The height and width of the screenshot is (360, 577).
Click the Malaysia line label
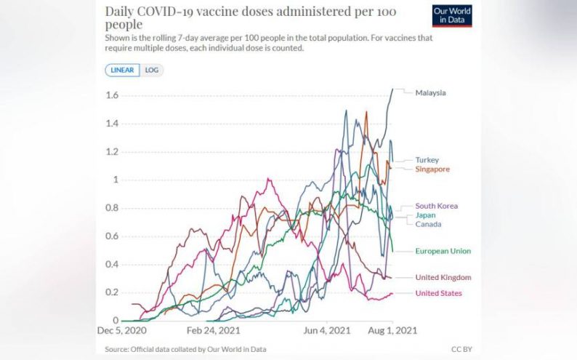[430, 93]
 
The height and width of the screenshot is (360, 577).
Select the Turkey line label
[427, 160]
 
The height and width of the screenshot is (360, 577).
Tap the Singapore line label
[432, 169]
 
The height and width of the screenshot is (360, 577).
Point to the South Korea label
[436, 207]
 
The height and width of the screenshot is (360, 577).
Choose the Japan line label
[425, 216]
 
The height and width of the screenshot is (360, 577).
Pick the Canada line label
[427, 225]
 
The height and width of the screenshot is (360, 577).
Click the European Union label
[442, 251]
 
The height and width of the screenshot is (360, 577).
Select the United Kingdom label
[443, 278]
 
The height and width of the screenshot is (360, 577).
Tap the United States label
[439, 293]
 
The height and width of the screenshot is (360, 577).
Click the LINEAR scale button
[122, 71]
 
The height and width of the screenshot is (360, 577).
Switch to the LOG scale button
[152, 71]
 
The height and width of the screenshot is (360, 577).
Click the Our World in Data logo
[452, 16]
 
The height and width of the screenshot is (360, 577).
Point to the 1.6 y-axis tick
[112, 95]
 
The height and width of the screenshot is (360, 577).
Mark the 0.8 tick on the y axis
[112, 208]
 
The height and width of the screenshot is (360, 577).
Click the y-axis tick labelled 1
[115, 180]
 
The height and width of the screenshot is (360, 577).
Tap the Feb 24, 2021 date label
[213, 330]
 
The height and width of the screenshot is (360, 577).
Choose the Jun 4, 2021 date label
[327, 330]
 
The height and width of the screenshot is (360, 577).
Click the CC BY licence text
[461, 350]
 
